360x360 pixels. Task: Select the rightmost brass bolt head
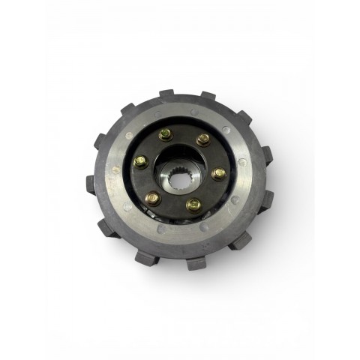tap(218, 173)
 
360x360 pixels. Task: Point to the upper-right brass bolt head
tap(202, 139)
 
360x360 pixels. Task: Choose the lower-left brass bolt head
tap(152, 197)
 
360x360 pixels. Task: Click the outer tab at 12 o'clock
tap(166, 95)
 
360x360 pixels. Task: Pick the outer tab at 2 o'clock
tap(243, 118)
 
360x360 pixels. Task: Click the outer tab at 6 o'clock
tap(196, 262)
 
